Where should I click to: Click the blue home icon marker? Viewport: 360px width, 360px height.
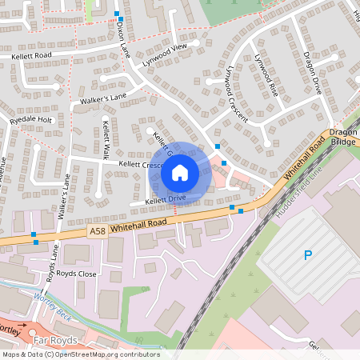tap(179, 172)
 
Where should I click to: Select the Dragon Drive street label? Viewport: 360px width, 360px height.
tap(311, 72)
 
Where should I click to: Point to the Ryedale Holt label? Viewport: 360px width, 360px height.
tap(31, 119)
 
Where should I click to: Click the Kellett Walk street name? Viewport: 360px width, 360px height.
tap(105, 139)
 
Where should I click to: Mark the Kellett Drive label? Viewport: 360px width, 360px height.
tap(166, 198)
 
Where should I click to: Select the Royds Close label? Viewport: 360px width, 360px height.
tap(76, 273)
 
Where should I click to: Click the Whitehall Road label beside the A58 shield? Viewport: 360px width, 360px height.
tap(138, 223)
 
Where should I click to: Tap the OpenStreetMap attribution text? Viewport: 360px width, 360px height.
tap(80, 354)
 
